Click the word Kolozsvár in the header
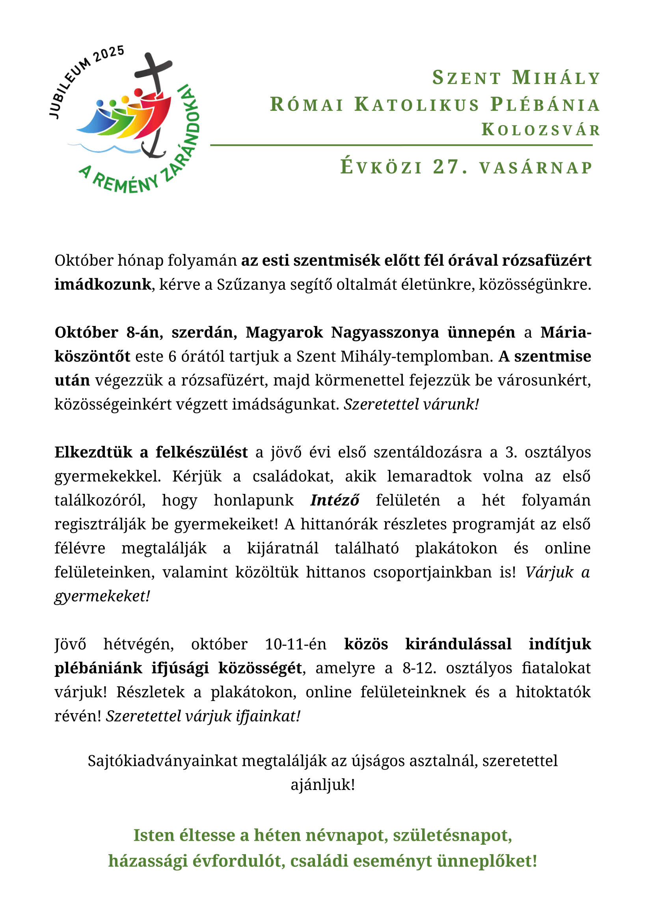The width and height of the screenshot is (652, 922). (x=541, y=130)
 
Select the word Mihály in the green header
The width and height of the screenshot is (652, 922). (x=556, y=78)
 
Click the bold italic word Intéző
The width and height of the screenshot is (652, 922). (x=334, y=500)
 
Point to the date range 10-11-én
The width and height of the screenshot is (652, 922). (x=296, y=644)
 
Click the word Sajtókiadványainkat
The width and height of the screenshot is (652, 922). (x=162, y=761)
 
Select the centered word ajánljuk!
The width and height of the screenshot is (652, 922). (x=323, y=785)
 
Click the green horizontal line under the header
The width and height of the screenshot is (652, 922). (x=401, y=145)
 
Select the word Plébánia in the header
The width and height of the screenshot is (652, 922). (x=545, y=104)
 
